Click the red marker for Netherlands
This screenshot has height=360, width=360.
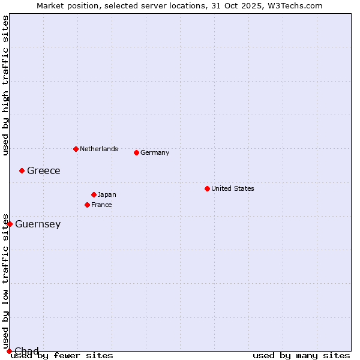[x=76, y=149]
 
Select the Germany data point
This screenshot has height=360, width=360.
[x=136, y=152]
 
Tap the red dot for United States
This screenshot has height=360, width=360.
[x=207, y=188]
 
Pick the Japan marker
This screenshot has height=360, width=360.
[x=94, y=194]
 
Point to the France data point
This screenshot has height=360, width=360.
[x=87, y=205]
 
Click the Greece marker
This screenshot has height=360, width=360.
[x=22, y=170]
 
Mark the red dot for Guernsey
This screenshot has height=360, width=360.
[x=10, y=224]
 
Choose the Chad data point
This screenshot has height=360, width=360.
[x=9, y=351]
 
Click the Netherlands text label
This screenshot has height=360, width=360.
[x=99, y=149]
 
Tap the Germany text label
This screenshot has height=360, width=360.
[x=155, y=152]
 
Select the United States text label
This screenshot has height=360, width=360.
[x=233, y=188]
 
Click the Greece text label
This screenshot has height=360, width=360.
[x=44, y=170]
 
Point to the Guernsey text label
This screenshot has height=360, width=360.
[x=38, y=224]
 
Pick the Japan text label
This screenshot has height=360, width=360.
[x=107, y=194]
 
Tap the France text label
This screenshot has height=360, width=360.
[x=101, y=205]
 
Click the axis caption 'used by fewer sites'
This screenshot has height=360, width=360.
[x=62, y=355]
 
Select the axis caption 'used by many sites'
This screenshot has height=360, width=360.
[x=301, y=355]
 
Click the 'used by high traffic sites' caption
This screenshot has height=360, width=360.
[x=5, y=85]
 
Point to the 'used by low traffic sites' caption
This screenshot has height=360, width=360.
[x=5, y=281]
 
